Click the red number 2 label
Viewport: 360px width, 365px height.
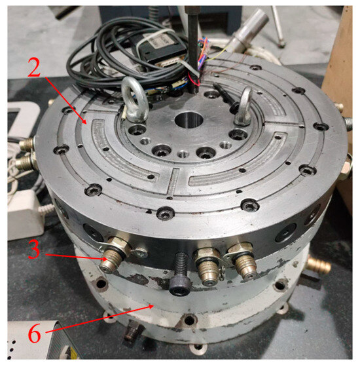pyautogui.click(x=34, y=67)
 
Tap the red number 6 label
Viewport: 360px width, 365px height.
pyautogui.click(x=35, y=334)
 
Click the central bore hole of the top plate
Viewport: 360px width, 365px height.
pyautogui.click(x=189, y=120)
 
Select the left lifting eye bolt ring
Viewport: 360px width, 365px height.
pyautogui.click(x=134, y=100)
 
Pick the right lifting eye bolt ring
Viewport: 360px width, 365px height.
pyautogui.click(x=244, y=106)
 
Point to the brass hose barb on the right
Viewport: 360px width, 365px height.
pyautogui.click(x=318, y=265)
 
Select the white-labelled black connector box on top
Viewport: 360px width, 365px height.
pyautogui.click(x=160, y=48)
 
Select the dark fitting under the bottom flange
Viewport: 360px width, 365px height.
pyautogui.click(x=133, y=330)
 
